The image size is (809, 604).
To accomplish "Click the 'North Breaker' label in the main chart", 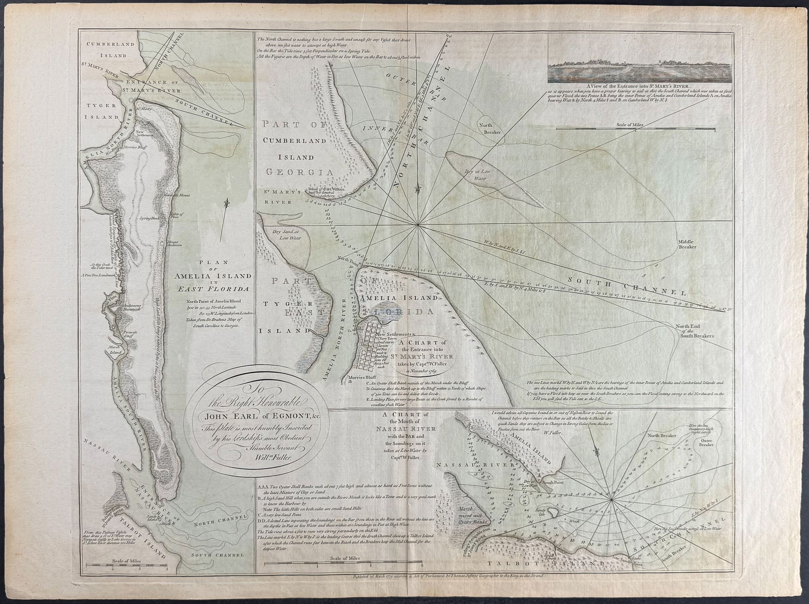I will point(489,128).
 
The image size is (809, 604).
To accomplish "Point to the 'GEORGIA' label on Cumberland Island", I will point(297,172).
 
